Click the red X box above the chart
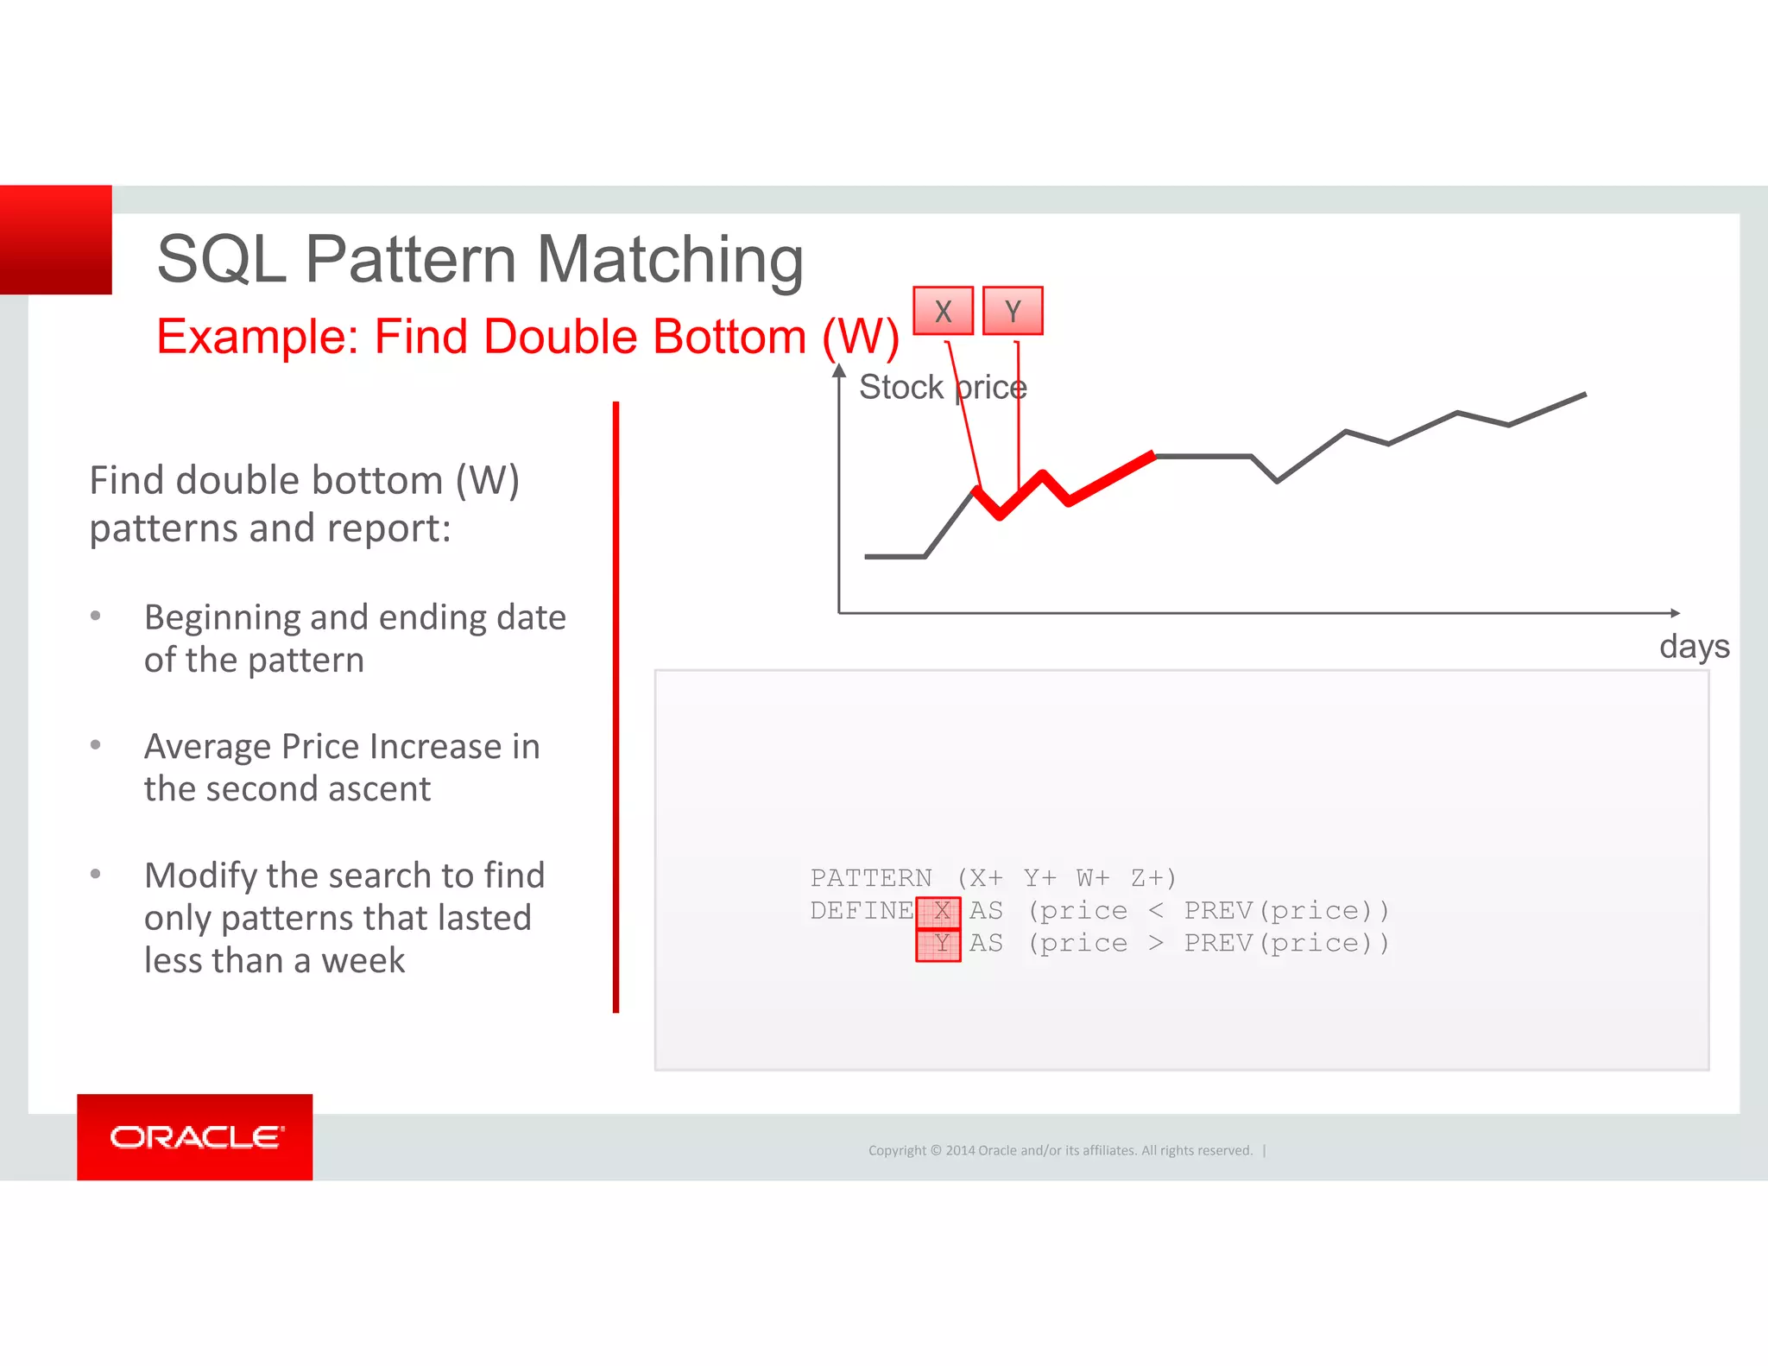tap(943, 311)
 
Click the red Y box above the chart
tap(1013, 311)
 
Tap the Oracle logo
tap(195, 1136)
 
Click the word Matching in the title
tap(670, 259)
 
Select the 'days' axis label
tap(1694, 646)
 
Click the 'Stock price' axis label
tap(942, 387)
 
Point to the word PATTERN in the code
tap(870, 878)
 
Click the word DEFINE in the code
tap(861, 910)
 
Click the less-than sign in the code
tap(1156, 911)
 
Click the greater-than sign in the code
tap(1156, 943)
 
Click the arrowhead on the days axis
tap(1675, 613)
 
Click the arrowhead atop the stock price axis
tap(838, 370)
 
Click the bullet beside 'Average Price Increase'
tap(96, 744)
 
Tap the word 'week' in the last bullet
tap(363, 960)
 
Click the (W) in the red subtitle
tap(861, 336)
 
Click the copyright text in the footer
tap(1059, 1150)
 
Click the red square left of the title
tap(56, 240)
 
